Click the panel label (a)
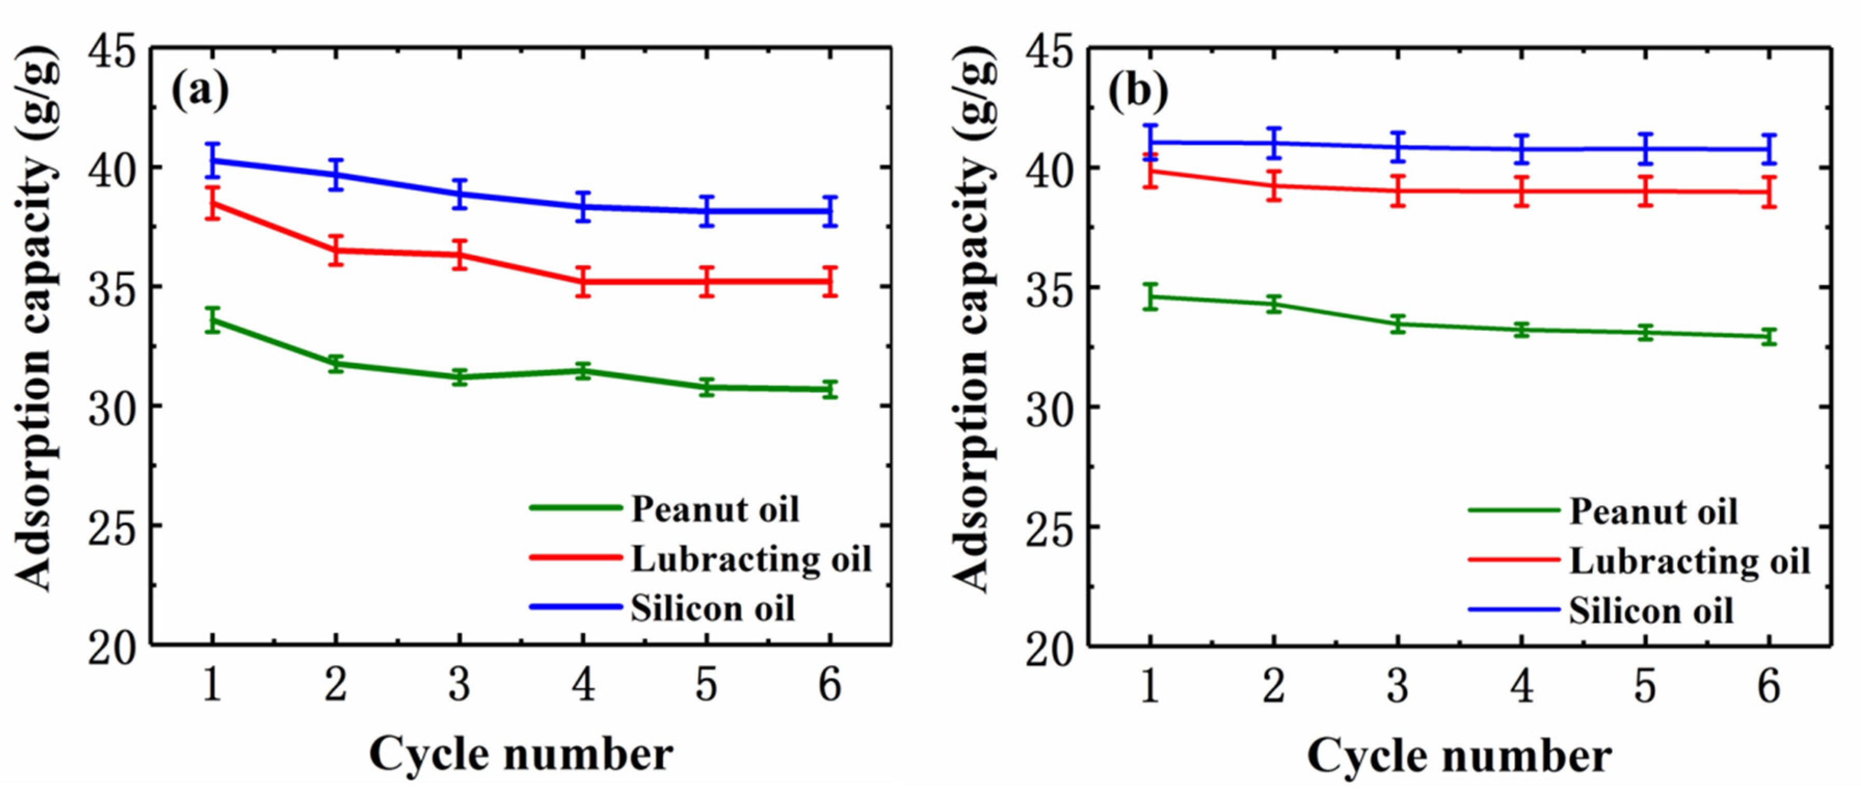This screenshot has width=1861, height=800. tap(199, 92)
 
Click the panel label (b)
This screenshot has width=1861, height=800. tap(1138, 92)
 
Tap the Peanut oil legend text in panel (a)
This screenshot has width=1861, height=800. tap(715, 509)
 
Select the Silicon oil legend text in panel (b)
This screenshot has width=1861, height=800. tap(1651, 612)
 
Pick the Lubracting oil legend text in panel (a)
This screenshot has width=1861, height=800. tap(752, 560)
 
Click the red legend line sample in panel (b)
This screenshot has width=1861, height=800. tap(1514, 560)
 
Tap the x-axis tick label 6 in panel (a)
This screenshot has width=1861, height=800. tap(830, 684)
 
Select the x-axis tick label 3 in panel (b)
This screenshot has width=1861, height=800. tap(1398, 686)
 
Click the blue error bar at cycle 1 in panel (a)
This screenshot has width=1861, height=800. tap(212, 160)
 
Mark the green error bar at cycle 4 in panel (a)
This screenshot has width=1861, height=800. tap(583, 371)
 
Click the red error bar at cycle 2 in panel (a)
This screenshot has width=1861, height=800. tap(336, 251)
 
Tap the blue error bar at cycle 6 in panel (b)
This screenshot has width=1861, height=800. tap(1769, 150)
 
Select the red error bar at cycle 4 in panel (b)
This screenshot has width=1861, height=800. tap(1522, 192)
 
